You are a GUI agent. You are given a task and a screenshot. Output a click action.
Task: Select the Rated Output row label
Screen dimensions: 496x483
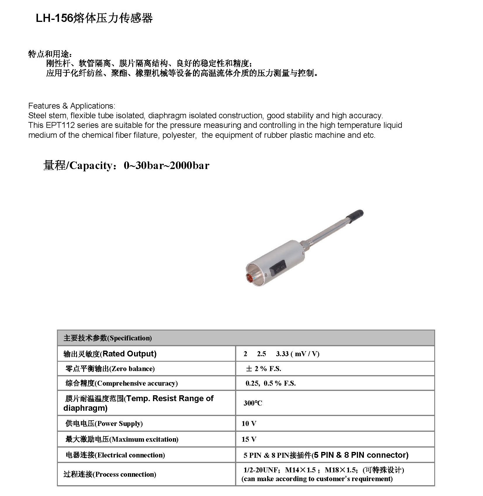click(110, 354)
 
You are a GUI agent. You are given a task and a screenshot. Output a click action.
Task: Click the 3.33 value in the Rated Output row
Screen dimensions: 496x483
click(282, 354)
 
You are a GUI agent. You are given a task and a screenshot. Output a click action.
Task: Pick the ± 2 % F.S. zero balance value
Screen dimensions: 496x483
click(263, 369)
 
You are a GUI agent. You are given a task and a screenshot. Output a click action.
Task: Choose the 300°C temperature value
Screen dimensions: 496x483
click(253, 403)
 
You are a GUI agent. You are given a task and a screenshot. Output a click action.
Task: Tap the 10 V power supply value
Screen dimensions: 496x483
click(249, 424)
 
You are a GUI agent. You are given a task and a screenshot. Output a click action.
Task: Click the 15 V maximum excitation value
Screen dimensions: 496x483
click(249, 439)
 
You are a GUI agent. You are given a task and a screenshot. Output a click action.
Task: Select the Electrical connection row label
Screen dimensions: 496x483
click(115, 455)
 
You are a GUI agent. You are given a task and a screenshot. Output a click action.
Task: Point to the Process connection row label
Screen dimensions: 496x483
click(110, 474)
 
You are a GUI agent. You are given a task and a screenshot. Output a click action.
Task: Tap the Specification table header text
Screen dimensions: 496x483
click(108, 338)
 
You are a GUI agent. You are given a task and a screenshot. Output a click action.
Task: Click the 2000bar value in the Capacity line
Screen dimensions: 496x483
click(189, 166)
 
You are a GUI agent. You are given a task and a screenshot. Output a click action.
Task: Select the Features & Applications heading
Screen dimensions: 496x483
click(72, 106)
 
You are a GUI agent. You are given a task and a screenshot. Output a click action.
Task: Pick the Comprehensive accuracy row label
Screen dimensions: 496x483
click(121, 383)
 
